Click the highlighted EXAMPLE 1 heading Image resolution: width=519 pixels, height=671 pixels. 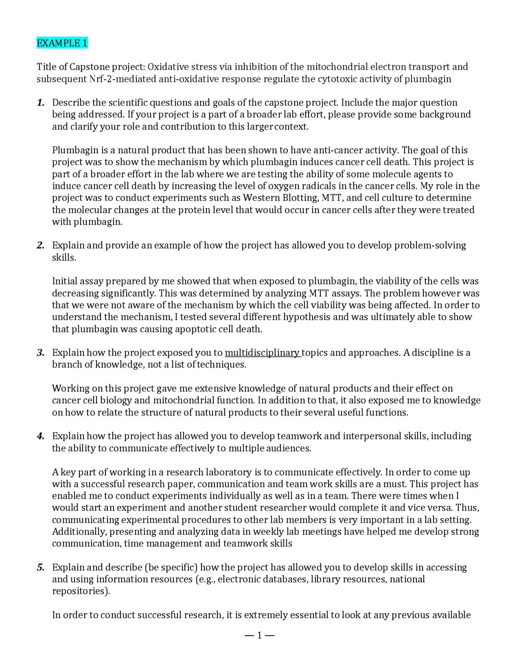62,43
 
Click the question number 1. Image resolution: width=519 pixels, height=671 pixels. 41,103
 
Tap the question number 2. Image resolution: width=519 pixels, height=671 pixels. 41,245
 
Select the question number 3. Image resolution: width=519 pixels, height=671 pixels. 41,353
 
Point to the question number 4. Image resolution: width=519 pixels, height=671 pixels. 41,436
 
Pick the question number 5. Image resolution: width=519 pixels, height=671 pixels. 41,567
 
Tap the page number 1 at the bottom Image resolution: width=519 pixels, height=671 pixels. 259,635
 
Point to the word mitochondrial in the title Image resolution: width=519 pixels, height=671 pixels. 337,67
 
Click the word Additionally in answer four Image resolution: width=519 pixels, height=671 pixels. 79,532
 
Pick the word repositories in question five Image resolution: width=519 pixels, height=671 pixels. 80,591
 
